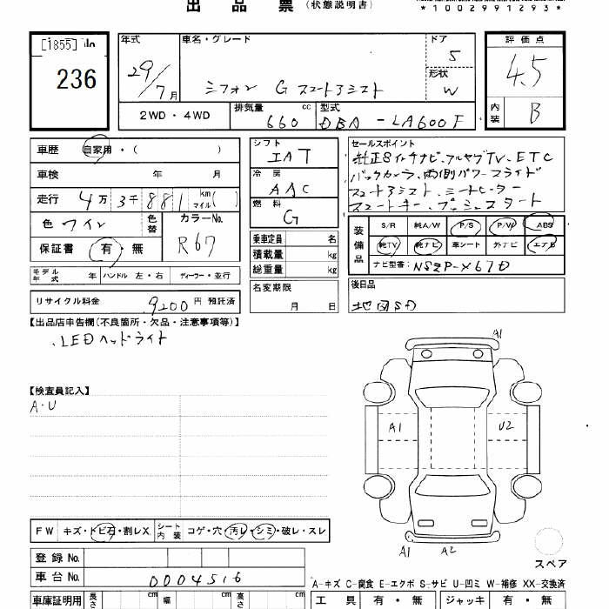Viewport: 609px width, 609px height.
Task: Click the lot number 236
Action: click(77, 80)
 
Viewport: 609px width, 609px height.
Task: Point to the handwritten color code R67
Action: click(197, 245)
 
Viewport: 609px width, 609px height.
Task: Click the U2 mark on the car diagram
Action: click(505, 427)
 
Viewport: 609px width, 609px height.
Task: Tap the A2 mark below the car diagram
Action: click(448, 550)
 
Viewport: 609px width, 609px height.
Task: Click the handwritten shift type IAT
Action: click(288, 157)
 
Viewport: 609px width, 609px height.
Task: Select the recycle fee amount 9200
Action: click(166, 304)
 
